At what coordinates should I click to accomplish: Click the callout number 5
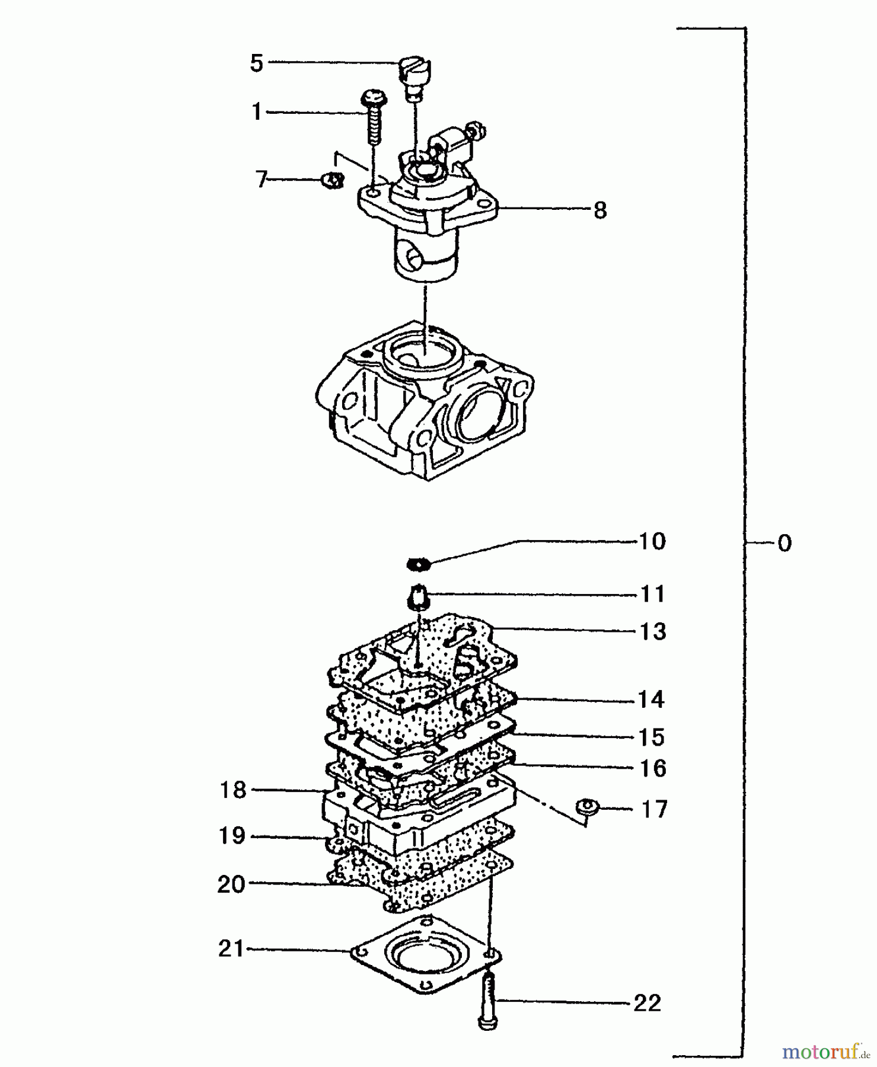click(x=256, y=63)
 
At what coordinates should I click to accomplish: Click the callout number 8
click(x=600, y=210)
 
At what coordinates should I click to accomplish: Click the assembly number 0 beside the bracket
click(x=784, y=544)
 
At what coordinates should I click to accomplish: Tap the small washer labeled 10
click(x=419, y=564)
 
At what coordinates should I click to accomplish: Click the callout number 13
click(x=652, y=632)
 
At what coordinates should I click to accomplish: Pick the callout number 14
click(x=651, y=700)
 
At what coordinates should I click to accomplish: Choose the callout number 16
click(x=653, y=769)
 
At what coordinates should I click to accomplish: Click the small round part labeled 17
click(x=587, y=808)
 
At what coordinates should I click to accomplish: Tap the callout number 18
click(x=232, y=790)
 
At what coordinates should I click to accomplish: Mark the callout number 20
click(x=231, y=885)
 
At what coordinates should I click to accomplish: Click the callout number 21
click(x=231, y=949)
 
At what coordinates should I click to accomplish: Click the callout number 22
click(x=647, y=1004)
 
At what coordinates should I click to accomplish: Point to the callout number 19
click(x=232, y=836)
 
